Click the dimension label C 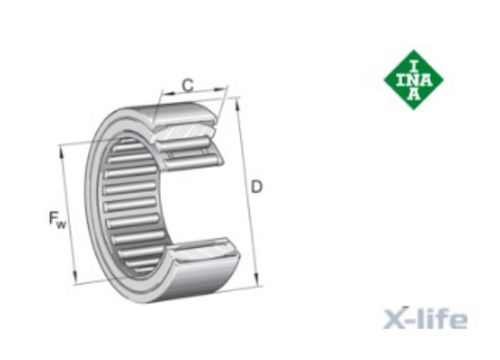point(187,85)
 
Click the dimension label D point(256,187)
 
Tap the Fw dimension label point(57,220)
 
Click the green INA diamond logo point(414,80)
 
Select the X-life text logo point(425,318)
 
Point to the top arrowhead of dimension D point(237,105)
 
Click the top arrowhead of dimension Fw point(61,153)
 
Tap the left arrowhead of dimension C point(169,93)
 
